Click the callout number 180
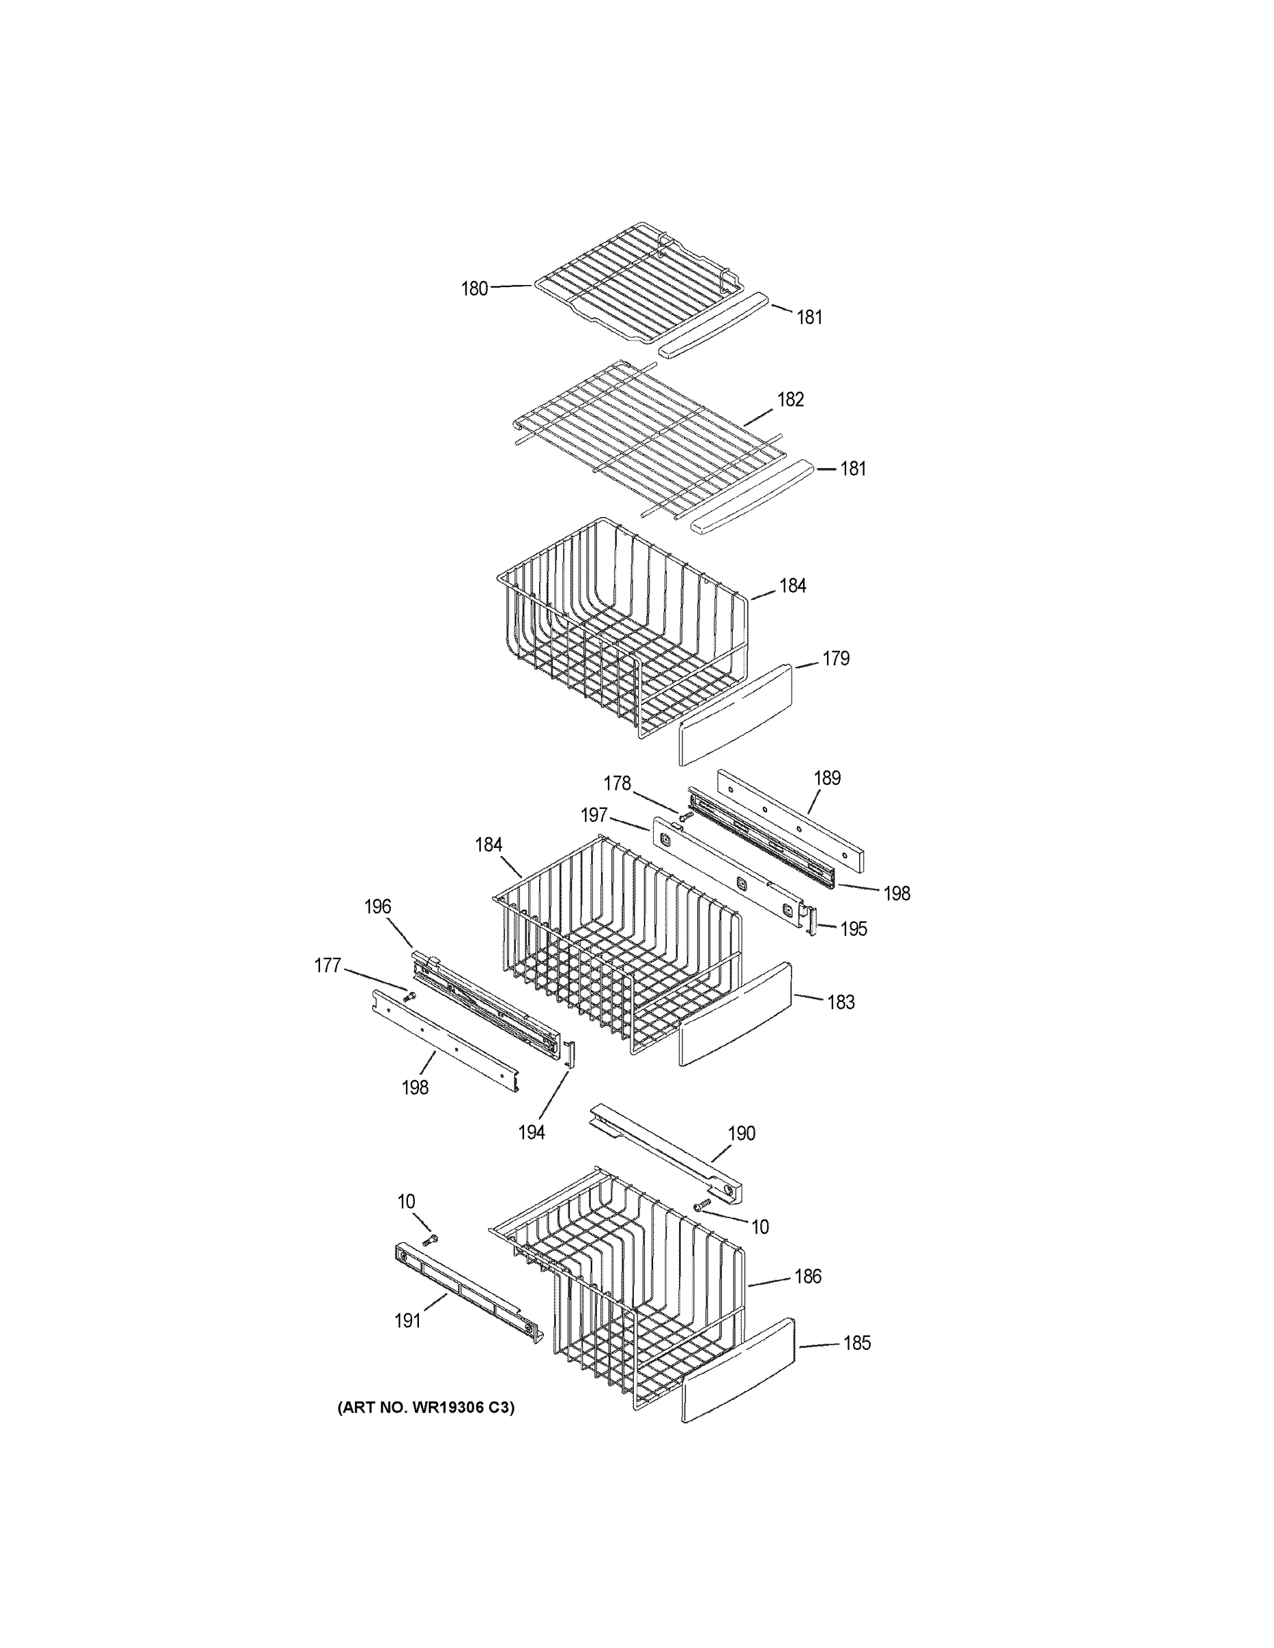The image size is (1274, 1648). pyautogui.click(x=474, y=288)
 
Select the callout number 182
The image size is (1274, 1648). pyautogui.click(x=790, y=399)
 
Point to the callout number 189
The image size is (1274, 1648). pyautogui.click(x=827, y=778)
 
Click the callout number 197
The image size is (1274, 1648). pyautogui.click(x=594, y=815)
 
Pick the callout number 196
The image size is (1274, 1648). pyautogui.click(x=377, y=906)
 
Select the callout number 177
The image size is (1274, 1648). pyautogui.click(x=328, y=966)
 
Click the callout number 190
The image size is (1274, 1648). pyautogui.click(x=741, y=1134)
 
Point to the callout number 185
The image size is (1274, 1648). pyautogui.click(x=856, y=1343)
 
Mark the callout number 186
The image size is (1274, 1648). pyautogui.click(x=808, y=1277)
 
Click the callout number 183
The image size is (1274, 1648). pyautogui.click(x=841, y=1002)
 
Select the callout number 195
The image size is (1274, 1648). pyautogui.click(x=854, y=929)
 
